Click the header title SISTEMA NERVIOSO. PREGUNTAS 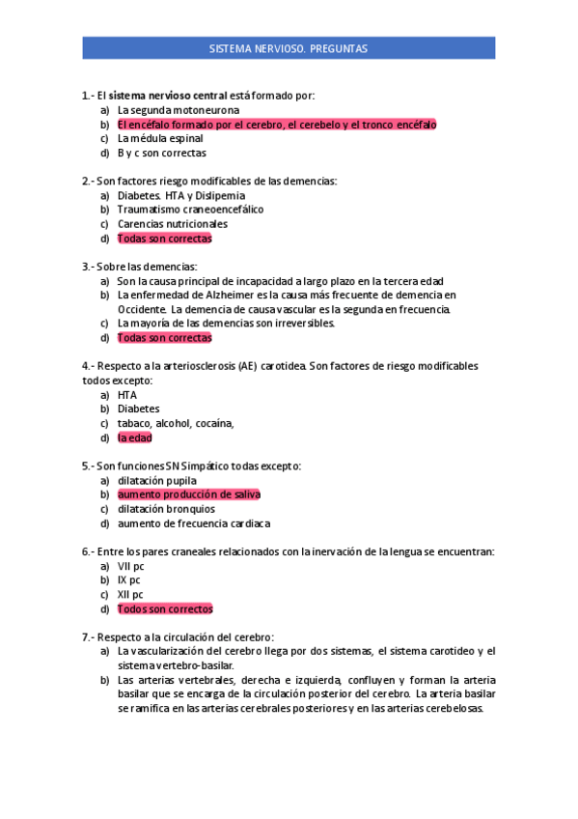(288, 47)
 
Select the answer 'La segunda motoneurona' (179, 110)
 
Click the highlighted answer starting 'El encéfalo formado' (277, 125)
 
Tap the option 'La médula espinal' (160, 138)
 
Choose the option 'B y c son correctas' (161, 153)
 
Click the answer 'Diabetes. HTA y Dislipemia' (181, 195)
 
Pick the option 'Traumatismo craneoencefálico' (190, 209)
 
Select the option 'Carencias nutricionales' (173, 223)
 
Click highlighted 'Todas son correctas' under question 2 (164, 238)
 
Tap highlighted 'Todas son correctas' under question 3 (164, 338)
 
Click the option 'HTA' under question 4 (127, 395)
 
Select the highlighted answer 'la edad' (134, 438)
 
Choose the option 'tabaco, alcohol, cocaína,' (176, 423)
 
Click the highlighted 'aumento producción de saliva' (189, 494)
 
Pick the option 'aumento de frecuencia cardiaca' (194, 523)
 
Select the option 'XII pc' (130, 595)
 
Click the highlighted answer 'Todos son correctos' (165, 609)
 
